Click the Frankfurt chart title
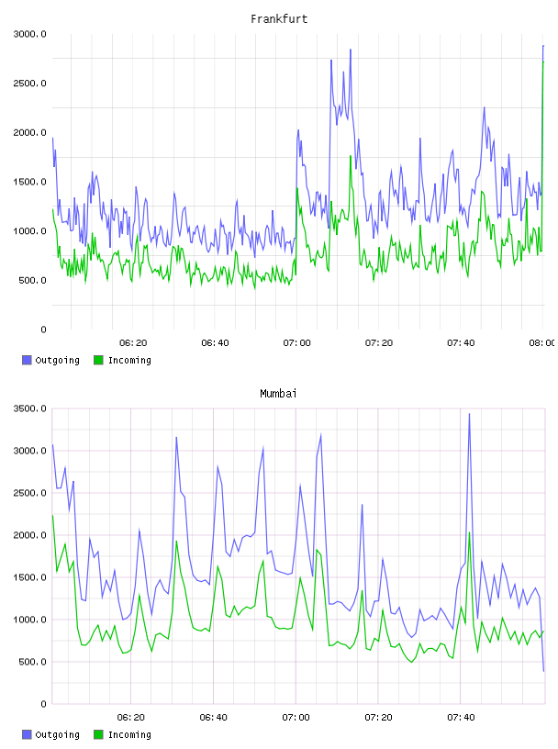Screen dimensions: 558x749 pyautogui.click(x=279, y=19)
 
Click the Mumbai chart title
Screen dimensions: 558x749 pyautogui.click(x=278, y=394)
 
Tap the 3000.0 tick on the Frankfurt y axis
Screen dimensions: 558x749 pyautogui.click(x=29, y=34)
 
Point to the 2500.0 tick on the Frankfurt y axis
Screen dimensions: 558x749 pyautogui.click(x=29, y=84)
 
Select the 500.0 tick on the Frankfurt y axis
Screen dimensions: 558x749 pyautogui.click(x=32, y=280)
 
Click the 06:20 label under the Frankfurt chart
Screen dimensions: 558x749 pyautogui.click(x=133, y=342)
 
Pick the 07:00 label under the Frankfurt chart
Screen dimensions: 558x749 pyautogui.click(x=296, y=342)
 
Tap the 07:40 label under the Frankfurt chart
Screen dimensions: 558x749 pyautogui.click(x=461, y=342)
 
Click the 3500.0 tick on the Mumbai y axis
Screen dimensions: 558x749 pyautogui.click(x=29, y=408)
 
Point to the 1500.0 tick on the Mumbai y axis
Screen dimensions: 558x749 pyautogui.click(x=29, y=577)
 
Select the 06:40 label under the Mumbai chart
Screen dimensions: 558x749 pyautogui.click(x=213, y=717)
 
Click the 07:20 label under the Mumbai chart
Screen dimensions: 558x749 pyautogui.click(x=378, y=717)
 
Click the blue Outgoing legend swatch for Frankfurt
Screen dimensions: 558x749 pyautogui.click(x=27, y=360)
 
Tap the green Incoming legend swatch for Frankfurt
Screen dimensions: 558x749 pyautogui.click(x=98, y=360)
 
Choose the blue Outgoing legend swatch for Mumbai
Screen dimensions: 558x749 pyautogui.click(x=27, y=734)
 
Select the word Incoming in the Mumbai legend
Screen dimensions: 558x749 pyautogui.click(x=129, y=734)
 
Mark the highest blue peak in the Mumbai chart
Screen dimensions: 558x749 pyautogui.click(x=469, y=414)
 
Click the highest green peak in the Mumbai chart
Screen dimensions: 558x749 pyautogui.click(x=469, y=532)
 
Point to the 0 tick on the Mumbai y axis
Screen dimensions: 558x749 pyautogui.click(x=43, y=704)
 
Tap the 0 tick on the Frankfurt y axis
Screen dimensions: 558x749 pyautogui.click(x=43, y=330)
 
